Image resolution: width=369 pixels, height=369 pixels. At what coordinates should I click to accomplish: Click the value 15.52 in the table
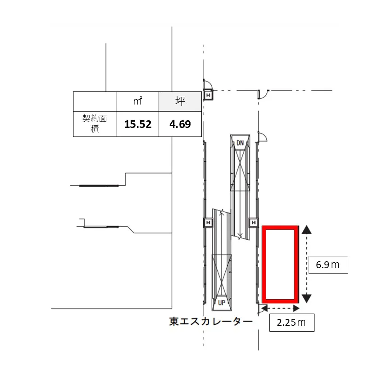(x=138, y=124)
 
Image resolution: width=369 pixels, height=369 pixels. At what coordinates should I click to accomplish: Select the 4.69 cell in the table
(x=180, y=124)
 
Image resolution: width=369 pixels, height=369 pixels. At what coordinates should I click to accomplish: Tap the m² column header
(x=137, y=101)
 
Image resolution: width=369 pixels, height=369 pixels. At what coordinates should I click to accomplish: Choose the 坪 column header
(x=180, y=101)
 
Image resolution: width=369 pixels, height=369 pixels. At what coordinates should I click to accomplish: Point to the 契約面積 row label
(x=95, y=123)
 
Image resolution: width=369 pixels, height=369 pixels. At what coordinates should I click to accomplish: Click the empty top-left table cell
(x=95, y=101)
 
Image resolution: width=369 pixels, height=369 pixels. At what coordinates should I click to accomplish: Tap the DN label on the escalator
(x=240, y=143)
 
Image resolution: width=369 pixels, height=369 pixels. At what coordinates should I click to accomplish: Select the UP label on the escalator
(x=222, y=303)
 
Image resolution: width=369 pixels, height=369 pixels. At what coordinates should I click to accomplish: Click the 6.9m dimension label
(x=328, y=265)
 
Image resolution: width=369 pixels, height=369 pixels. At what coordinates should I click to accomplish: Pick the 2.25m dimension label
(x=292, y=323)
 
